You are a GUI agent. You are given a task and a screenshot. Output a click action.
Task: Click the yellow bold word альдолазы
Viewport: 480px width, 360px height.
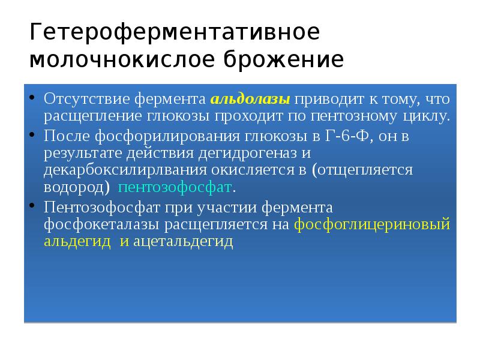click(x=251, y=98)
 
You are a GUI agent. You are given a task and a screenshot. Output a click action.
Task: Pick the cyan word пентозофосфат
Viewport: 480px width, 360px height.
click(x=175, y=187)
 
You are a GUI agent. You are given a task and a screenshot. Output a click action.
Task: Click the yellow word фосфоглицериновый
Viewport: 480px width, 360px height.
click(x=372, y=224)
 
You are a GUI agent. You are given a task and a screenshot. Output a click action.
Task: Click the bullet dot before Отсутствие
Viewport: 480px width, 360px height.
click(x=31, y=97)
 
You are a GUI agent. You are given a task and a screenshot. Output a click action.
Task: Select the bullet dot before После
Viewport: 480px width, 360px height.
click(x=31, y=135)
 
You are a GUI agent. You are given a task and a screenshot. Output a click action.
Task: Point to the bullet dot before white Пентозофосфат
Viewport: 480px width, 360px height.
click(x=31, y=207)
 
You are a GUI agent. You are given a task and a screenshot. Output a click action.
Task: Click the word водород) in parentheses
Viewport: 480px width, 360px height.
click(x=76, y=187)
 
